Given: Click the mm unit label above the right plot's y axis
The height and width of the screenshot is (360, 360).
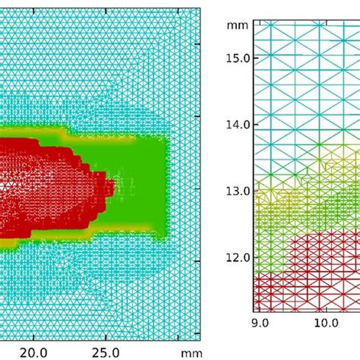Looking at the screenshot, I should click(x=234, y=24).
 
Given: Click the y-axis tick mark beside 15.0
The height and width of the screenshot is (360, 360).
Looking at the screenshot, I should click(x=254, y=58).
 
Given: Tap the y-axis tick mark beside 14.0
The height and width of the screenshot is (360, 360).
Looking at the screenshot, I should click(x=254, y=124).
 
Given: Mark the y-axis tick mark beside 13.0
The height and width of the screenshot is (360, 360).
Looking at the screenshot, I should click(x=254, y=191).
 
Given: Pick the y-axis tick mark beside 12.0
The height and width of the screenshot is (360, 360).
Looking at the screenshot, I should click(x=254, y=257).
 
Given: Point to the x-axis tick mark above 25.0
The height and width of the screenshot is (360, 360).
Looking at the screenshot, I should click(x=106, y=337).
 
